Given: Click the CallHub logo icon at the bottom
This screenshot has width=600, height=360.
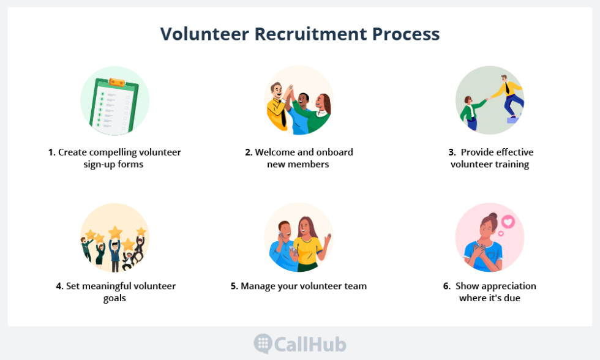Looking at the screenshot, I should [x=263, y=343].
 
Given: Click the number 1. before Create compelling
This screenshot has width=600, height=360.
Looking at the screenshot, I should [x=52, y=152].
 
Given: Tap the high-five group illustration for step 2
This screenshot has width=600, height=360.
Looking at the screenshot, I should [x=299, y=100].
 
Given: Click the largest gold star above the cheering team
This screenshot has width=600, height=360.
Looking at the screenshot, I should [x=115, y=232].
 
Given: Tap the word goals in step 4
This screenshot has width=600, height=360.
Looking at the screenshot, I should [x=114, y=299].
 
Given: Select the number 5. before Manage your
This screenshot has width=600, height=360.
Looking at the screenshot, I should [x=234, y=286].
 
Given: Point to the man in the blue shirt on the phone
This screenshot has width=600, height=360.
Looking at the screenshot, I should [x=282, y=245].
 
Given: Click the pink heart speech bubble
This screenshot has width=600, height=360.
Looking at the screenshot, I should [x=508, y=222].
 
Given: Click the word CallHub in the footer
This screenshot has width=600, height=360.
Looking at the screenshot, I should [x=310, y=344].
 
